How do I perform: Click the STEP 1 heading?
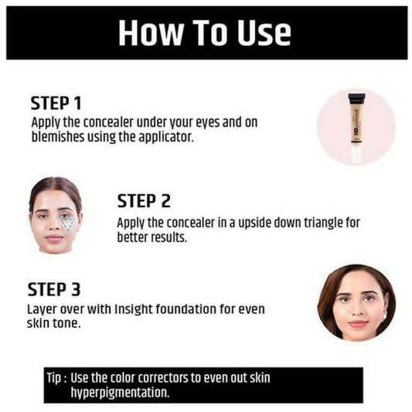[x=56, y=103]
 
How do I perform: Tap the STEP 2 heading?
[x=144, y=201]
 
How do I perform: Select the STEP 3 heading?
[x=54, y=290]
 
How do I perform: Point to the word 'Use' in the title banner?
[x=260, y=33]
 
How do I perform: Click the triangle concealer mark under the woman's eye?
[x=69, y=223]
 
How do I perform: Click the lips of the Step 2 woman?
[x=55, y=239]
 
